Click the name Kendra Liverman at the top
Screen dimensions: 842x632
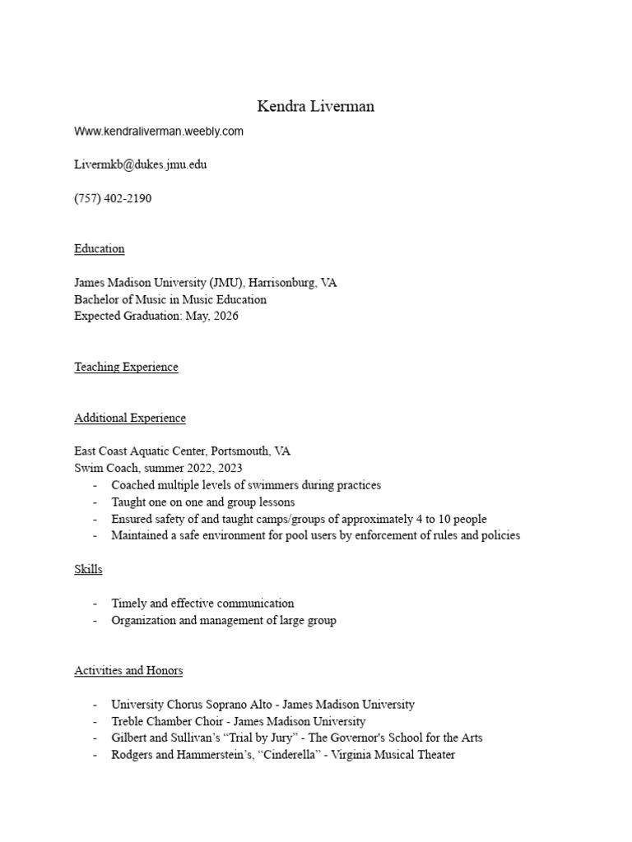[x=315, y=106]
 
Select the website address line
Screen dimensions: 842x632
[x=159, y=131]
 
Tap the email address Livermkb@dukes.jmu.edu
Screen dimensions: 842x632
[x=141, y=164]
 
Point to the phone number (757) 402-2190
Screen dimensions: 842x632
[x=113, y=198]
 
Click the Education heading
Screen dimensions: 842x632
[x=100, y=249]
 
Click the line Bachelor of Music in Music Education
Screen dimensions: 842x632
[x=170, y=300]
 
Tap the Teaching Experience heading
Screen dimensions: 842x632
[x=126, y=368]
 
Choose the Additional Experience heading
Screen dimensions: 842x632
[x=130, y=419]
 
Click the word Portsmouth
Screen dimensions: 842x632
[x=239, y=451]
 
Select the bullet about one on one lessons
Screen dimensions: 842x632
[x=202, y=502]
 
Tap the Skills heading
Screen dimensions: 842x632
[x=88, y=569]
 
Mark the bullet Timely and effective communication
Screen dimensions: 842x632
[x=202, y=604]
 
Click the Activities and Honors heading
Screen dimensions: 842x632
[x=128, y=671]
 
